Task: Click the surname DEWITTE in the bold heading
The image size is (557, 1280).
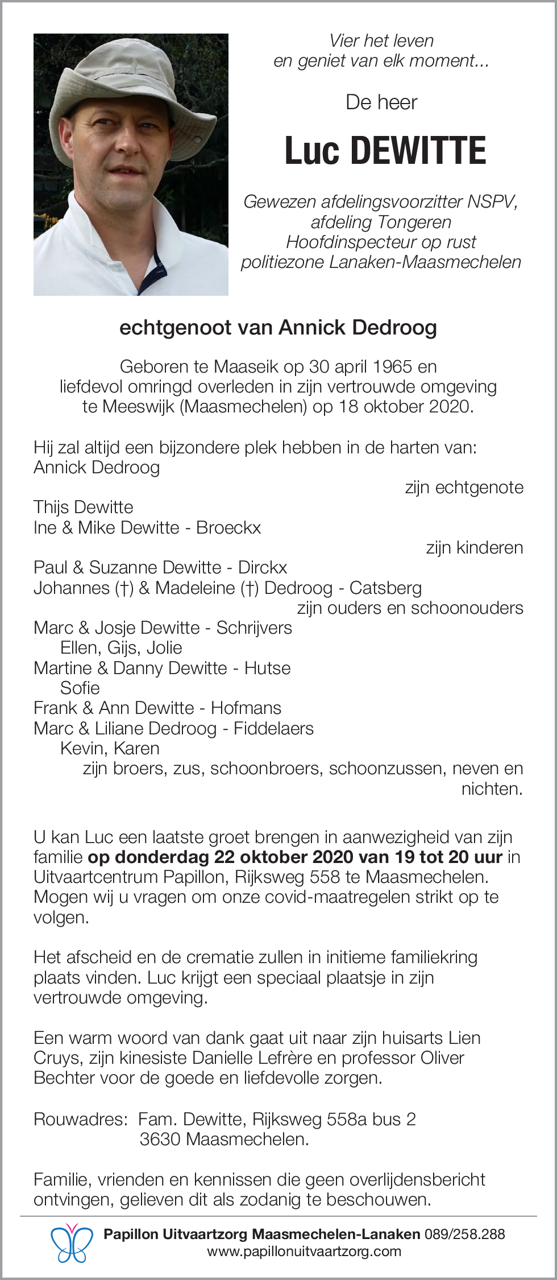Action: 418,151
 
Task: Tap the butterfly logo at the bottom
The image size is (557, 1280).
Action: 72,1242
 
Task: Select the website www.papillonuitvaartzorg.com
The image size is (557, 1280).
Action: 304,1252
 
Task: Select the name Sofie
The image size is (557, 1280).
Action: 80,688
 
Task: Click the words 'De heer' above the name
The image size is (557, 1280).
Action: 381,102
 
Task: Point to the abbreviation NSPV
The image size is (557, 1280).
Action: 492,201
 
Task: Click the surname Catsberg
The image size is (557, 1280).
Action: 385,587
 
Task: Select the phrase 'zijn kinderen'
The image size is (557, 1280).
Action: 475,547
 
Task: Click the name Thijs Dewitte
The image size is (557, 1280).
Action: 84,507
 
